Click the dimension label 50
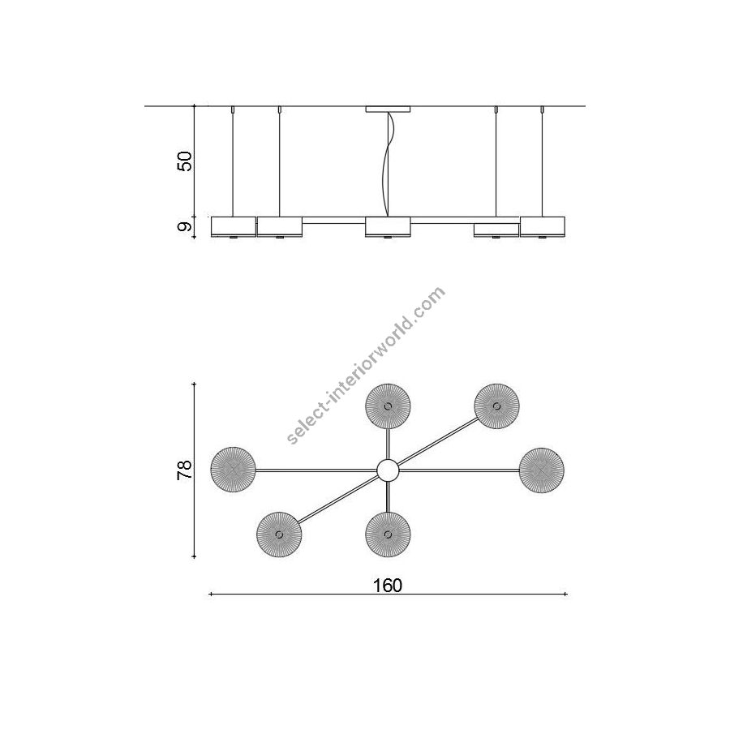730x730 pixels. click(x=185, y=161)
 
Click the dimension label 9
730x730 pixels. click(x=185, y=227)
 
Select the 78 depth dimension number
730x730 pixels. click(x=185, y=470)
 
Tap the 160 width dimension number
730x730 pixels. click(x=388, y=585)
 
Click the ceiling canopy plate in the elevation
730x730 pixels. click(x=388, y=109)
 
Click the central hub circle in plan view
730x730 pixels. click(x=388, y=470)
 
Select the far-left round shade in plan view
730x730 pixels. click(x=233, y=470)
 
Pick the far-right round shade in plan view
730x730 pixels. click(x=542, y=470)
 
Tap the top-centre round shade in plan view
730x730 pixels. click(x=388, y=406)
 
